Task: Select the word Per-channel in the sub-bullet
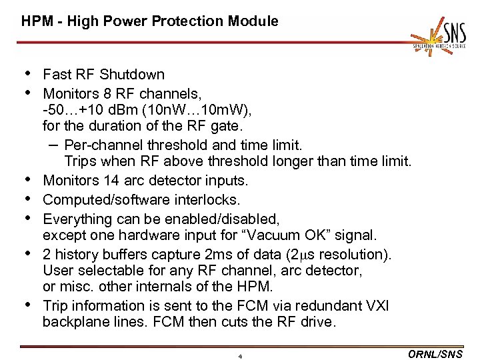pyautogui.click(x=101, y=144)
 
